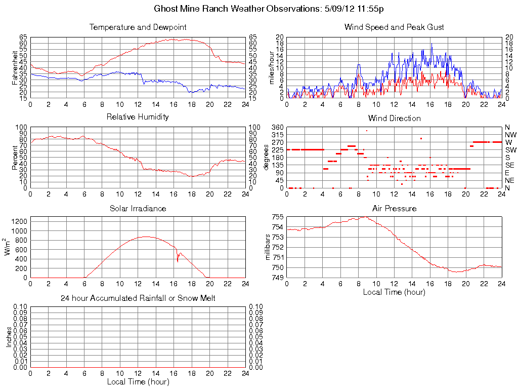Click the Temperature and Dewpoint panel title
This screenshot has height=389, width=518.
(138, 27)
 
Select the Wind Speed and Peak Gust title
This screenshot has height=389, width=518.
(394, 27)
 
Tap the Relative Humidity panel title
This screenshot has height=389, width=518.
(138, 117)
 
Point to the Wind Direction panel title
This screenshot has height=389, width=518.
(394, 118)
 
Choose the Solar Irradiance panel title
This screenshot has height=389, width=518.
(138, 208)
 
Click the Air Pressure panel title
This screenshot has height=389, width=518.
(394, 208)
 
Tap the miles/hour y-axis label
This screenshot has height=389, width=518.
(271, 68)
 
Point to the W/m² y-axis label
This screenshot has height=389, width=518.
(9, 247)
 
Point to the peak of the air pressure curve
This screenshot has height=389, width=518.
(364, 217)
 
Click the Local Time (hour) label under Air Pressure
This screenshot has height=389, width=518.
(394, 292)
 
